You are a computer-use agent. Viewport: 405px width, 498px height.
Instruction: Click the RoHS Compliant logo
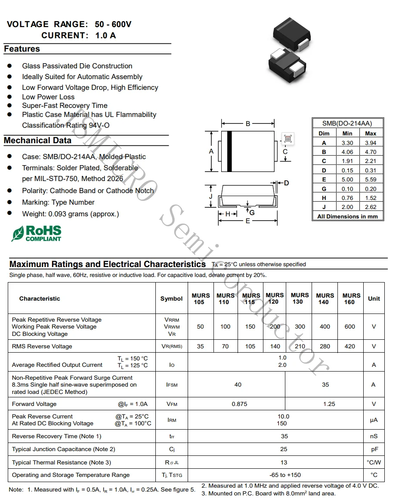click(37, 233)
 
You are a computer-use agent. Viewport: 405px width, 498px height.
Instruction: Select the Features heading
click(22, 49)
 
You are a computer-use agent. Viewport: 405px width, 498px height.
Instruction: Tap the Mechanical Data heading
click(38, 141)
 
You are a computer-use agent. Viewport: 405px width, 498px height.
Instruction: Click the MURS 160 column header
click(351, 298)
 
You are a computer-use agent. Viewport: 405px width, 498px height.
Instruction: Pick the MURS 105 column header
click(201, 298)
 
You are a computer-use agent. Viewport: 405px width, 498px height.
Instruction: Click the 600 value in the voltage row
click(350, 327)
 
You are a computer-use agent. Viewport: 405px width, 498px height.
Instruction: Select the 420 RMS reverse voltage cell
click(350, 346)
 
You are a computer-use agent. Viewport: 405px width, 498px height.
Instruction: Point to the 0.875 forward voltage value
click(239, 404)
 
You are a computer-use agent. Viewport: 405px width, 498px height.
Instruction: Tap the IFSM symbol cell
click(172, 385)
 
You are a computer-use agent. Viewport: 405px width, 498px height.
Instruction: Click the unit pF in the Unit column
click(374, 449)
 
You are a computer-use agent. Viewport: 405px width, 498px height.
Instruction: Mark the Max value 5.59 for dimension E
click(370, 179)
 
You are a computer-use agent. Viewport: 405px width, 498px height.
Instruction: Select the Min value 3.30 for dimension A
click(347, 143)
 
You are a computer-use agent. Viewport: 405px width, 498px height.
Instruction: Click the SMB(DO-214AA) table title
click(347, 123)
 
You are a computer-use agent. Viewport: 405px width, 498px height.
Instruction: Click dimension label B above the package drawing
click(248, 124)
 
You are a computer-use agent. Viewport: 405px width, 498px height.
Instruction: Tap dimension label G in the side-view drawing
click(252, 212)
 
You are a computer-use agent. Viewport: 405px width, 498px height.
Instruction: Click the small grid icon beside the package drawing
click(288, 138)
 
